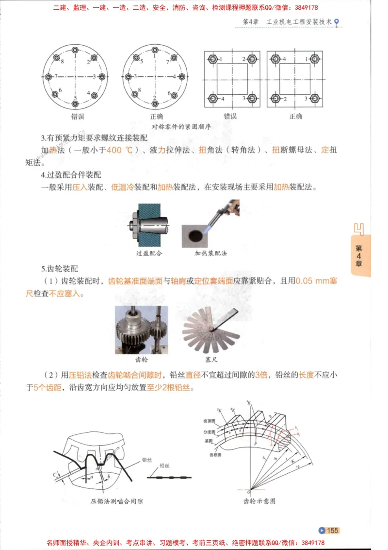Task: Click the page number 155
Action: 332,530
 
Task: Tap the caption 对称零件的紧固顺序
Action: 181,126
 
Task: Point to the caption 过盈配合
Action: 149,253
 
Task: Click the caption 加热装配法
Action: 210,253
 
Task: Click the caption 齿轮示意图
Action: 259,500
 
